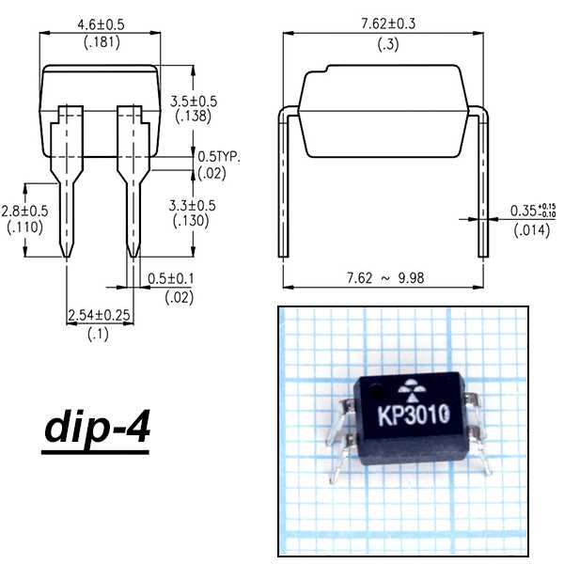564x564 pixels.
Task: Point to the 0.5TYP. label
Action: (x=219, y=157)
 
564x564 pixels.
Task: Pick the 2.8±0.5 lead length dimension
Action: (x=26, y=211)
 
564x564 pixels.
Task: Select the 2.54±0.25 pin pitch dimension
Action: (x=99, y=317)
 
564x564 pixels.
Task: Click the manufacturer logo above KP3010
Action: (x=411, y=388)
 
